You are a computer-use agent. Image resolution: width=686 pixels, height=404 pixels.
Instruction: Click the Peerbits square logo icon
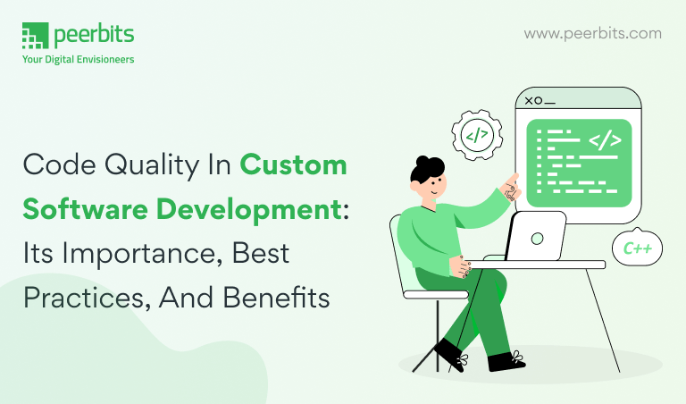[x=35, y=36]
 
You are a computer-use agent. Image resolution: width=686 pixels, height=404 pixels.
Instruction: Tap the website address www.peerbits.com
[x=593, y=34]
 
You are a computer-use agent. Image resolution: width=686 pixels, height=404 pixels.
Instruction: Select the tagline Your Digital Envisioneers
[x=79, y=59]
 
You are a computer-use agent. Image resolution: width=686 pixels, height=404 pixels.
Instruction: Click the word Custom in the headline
[x=293, y=165]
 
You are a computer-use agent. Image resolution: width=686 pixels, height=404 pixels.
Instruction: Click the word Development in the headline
[x=248, y=210]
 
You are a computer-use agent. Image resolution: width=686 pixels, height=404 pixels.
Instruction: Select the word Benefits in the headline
[x=276, y=298]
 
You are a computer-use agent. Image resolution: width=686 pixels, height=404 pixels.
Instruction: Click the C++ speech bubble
[x=637, y=248]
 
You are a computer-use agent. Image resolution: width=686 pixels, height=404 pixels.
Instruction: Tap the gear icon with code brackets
[x=477, y=135]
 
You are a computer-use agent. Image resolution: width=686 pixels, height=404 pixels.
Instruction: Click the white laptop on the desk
[x=536, y=237]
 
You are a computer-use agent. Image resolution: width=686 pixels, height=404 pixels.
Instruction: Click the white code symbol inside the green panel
[x=605, y=140]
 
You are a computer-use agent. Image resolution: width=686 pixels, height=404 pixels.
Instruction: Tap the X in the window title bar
[x=529, y=101]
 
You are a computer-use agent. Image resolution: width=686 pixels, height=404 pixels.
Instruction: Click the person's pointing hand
[x=511, y=188]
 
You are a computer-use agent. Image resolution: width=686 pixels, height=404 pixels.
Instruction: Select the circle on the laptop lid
[x=537, y=239]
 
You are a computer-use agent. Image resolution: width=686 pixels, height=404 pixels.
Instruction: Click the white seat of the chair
[x=436, y=295]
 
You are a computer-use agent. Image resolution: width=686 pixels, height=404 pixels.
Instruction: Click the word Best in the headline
[x=260, y=254]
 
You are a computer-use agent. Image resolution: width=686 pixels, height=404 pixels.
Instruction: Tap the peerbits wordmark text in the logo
[x=94, y=35]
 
